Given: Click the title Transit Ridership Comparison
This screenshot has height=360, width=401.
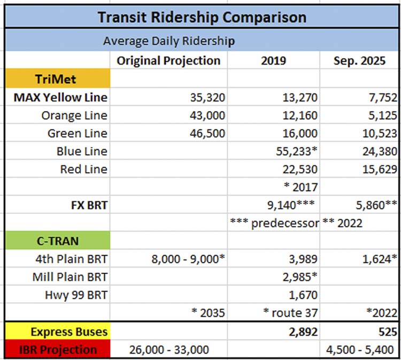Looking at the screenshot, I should click(x=202, y=17).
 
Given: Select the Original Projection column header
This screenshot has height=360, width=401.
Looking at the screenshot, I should click(x=168, y=60).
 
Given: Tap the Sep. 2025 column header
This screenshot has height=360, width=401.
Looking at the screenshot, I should click(x=360, y=60).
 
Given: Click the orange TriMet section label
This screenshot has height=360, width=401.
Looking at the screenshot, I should click(x=57, y=79).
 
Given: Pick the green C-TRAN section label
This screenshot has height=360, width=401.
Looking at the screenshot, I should click(x=57, y=241).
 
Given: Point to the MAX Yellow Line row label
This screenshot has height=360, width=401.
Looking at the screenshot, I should click(x=60, y=97).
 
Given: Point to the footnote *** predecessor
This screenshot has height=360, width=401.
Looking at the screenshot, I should click(x=274, y=223).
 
